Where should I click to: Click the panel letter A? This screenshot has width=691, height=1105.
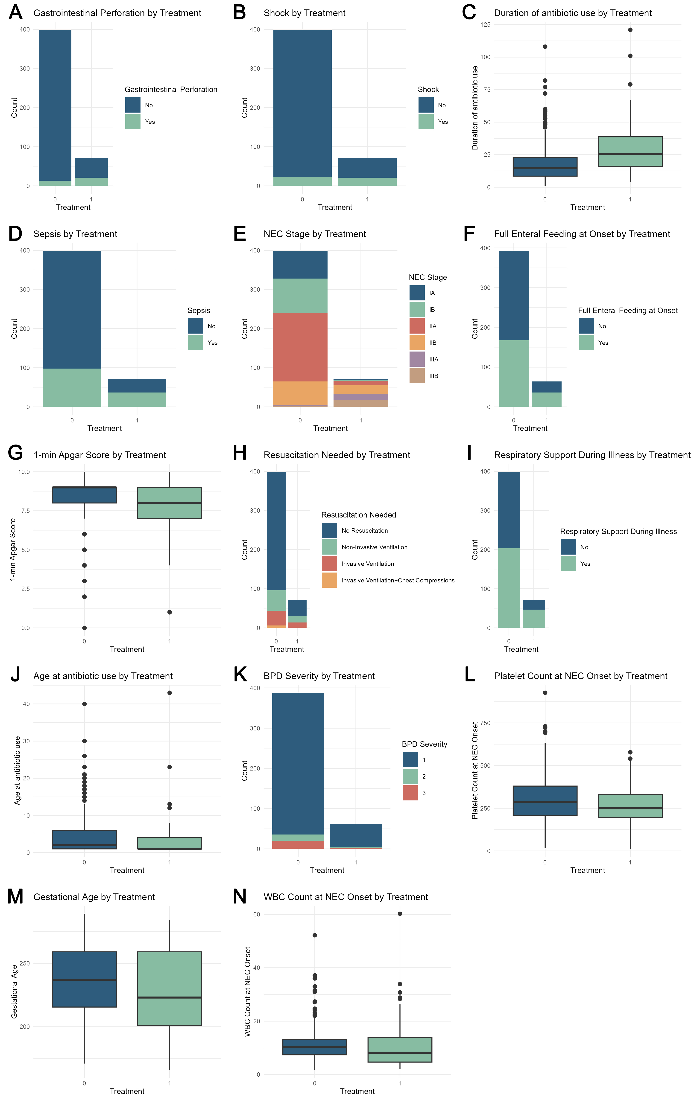15,12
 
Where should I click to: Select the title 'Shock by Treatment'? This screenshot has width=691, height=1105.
304,13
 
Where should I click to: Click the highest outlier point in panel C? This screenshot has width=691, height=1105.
630,30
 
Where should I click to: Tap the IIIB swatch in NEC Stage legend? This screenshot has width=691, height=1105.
417,376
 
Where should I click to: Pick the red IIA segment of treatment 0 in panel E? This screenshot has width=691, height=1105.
300,347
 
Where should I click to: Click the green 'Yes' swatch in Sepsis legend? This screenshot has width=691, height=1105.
196,343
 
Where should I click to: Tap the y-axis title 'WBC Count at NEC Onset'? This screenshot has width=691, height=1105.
248,991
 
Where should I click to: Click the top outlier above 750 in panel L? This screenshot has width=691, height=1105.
545,693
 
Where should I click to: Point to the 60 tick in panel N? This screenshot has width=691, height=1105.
257,914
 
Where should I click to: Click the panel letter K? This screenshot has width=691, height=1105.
240,675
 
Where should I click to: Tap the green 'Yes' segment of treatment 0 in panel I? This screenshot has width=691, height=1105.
509,588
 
